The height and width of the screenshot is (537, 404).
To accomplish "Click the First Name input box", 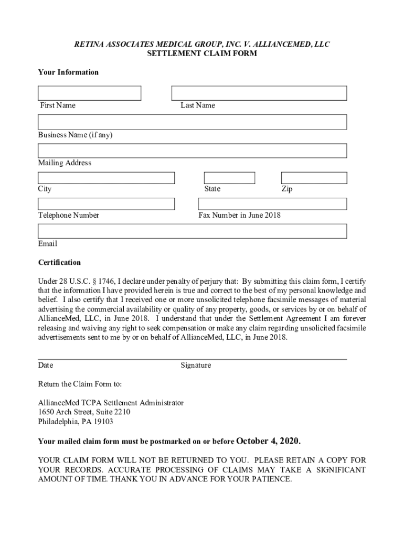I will (x=89, y=93).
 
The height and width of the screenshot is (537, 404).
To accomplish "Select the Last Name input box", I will (x=259, y=93).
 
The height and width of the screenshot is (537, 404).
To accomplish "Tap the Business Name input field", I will (x=192, y=122).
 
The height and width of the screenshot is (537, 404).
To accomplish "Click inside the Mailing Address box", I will (x=192, y=151).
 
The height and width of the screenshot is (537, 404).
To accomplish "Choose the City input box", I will (x=106, y=178).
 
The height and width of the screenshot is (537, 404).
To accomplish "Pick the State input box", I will (x=229, y=178).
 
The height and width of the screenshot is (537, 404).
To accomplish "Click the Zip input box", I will (x=314, y=178).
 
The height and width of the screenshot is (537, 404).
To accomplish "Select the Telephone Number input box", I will (x=106, y=204).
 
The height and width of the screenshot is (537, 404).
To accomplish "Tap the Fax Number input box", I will (x=272, y=204).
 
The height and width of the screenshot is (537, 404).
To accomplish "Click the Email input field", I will (x=192, y=231).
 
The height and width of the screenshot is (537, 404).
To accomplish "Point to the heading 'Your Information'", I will (x=68, y=72).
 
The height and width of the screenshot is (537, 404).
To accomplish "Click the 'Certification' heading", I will (x=59, y=262).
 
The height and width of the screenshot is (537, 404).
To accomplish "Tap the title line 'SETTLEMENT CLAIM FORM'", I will (x=201, y=53).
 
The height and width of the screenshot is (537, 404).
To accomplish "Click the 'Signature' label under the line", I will (x=196, y=366).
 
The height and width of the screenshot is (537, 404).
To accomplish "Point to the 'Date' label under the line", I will (x=46, y=366).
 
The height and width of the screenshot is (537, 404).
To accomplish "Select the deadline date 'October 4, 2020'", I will (x=269, y=441).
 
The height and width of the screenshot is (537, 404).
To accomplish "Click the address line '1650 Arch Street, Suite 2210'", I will (x=84, y=412).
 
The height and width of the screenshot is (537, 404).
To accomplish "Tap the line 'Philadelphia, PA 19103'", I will (x=76, y=422).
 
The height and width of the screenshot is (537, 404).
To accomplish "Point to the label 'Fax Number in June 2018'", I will (x=239, y=216).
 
